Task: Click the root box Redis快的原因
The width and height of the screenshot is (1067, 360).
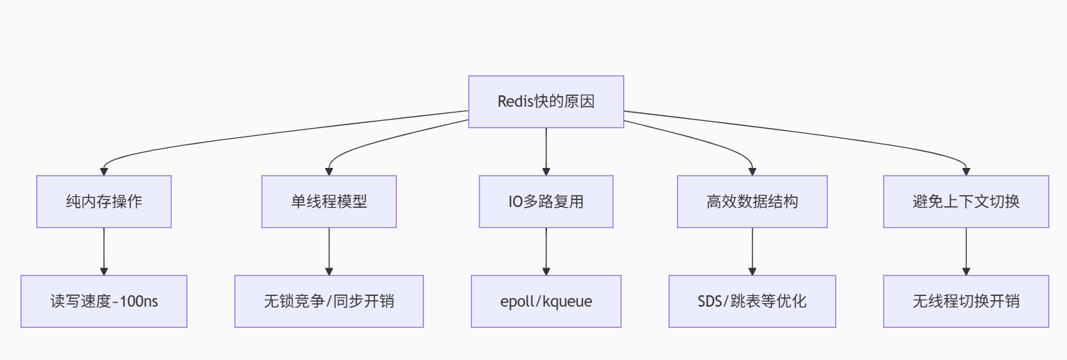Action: tap(546, 102)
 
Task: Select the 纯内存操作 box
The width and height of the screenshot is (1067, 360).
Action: tap(104, 201)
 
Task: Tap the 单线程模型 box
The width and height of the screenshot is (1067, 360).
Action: tap(329, 201)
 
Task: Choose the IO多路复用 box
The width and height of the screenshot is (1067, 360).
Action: tap(546, 201)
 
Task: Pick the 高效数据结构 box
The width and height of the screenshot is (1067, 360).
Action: tap(752, 201)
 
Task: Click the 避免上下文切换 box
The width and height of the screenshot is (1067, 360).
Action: tap(966, 201)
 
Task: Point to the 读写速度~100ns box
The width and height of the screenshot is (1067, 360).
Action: tap(104, 302)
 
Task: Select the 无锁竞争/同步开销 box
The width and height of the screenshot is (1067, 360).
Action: tap(329, 302)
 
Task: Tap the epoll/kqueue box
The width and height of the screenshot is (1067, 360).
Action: tap(546, 302)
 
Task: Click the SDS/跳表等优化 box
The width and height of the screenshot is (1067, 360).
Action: tap(752, 302)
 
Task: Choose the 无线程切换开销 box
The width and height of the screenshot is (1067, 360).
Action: tap(966, 302)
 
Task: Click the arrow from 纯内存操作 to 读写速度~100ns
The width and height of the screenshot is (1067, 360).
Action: tap(104, 251)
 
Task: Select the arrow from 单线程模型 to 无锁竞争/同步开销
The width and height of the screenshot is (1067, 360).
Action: tap(329, 251)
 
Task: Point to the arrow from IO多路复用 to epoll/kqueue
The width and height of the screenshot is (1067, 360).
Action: tap(546, 251)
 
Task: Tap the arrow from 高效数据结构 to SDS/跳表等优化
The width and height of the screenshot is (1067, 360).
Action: tap(752, 251)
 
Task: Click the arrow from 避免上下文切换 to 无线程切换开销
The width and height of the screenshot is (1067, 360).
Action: tap(966, 251)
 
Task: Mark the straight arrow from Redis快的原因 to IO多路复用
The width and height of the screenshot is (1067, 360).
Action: tap(546, 152)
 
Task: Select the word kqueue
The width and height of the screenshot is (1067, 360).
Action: tap(568, 302)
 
